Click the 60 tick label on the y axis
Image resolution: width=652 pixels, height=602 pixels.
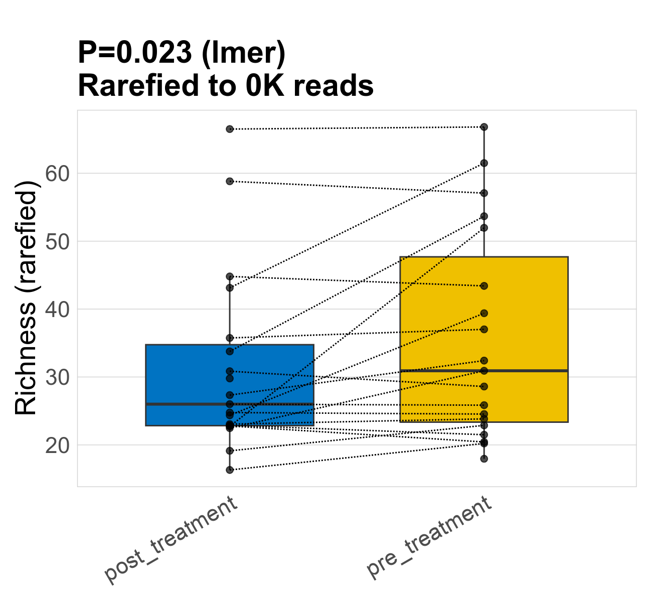(56, 174)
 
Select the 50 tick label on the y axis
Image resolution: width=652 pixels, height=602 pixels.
(56, 241)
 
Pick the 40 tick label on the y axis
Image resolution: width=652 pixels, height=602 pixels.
(56, 310)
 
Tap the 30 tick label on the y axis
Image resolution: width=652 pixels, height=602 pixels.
(56, 377)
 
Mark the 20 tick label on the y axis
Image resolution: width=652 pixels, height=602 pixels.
(56, 445)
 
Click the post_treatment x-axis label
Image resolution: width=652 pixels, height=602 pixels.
(171, 539)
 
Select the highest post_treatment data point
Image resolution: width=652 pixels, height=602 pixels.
(230, 129)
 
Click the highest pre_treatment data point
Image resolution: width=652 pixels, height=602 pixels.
(484, 127)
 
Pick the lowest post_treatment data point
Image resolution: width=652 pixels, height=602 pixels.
(230, 470)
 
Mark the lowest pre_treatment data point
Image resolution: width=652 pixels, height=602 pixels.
(484, 459)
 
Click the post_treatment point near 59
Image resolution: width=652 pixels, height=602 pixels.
(230, 181)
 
